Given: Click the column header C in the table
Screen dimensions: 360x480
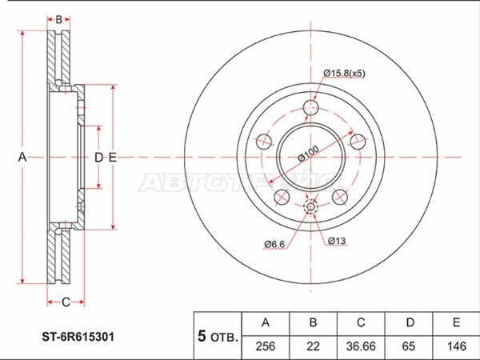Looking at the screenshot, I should (x=361, y=322).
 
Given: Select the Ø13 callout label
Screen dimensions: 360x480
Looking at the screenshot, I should (x=337, y=239).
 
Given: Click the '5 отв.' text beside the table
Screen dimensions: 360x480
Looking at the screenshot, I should (x=216, y=336).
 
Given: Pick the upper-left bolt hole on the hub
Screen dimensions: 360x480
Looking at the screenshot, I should (x=263, y=142).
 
